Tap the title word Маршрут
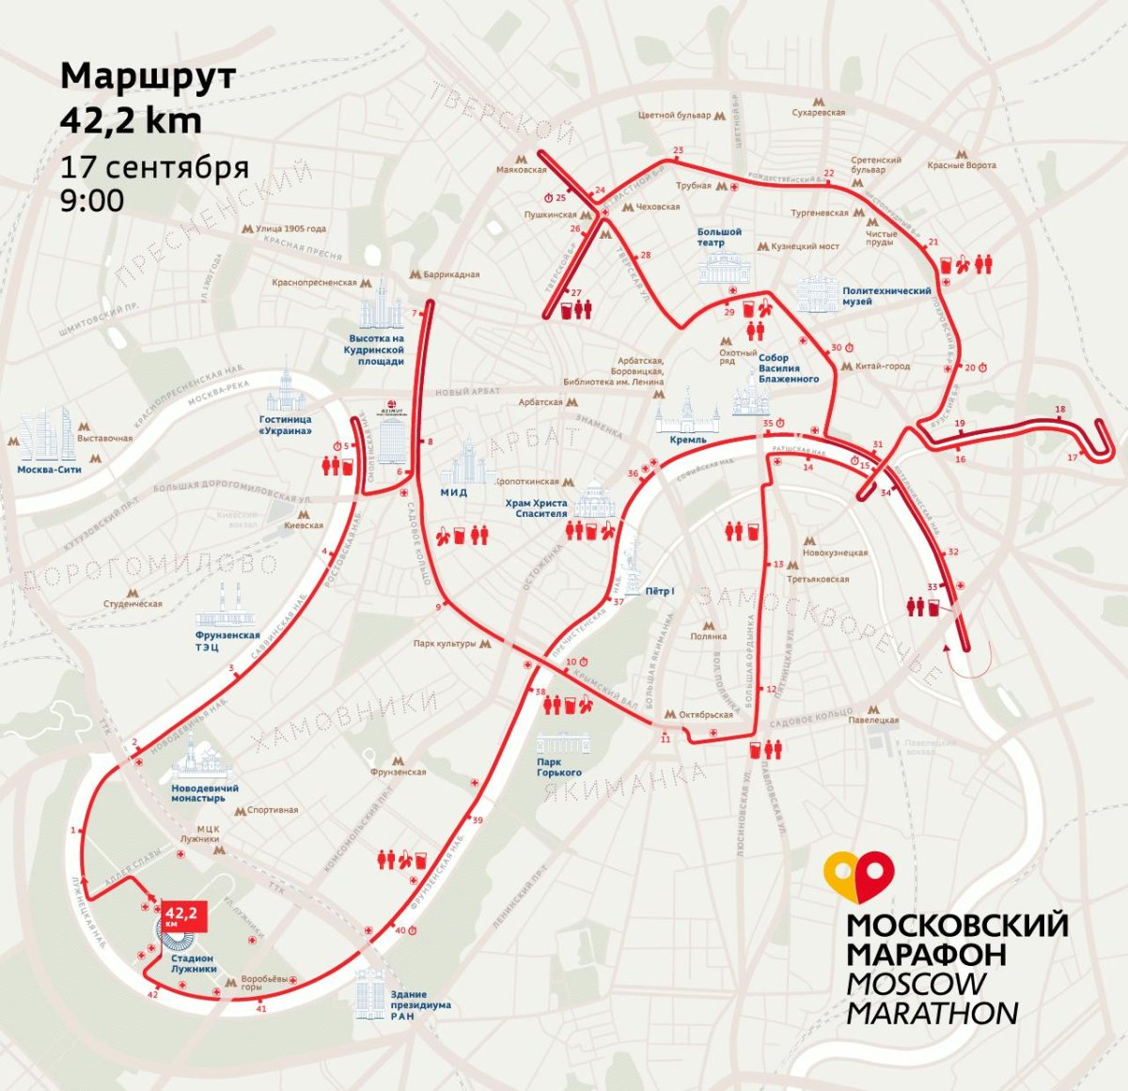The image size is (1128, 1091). (148, 76)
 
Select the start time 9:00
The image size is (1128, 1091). (91, 200)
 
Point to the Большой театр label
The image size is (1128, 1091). (719, 237)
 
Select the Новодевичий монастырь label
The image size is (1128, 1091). (205, 793)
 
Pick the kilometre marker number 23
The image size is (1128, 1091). (678, 150)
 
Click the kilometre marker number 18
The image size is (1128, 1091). (1060, 410)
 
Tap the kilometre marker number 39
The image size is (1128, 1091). (478, 820)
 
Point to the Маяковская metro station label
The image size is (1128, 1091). (522, 170)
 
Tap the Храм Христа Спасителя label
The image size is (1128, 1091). (536, 508)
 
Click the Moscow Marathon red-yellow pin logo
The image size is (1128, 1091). (857, 876)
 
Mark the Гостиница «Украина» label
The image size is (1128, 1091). (286, 425)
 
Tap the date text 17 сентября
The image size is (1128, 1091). (154, 167)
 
